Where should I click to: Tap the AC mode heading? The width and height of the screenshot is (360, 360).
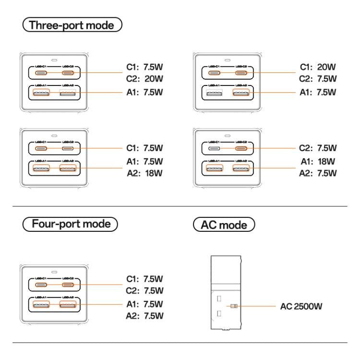[x=224, y=225]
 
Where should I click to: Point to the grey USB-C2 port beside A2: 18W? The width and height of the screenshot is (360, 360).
[x=69, y=149]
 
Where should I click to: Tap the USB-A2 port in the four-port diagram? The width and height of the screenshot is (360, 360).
[x=69, y=304]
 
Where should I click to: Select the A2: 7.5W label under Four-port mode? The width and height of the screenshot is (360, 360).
[x=144, y=315]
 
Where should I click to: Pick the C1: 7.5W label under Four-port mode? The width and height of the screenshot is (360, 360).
[x=144, y=279]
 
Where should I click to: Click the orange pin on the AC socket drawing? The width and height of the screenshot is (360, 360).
[x=234, y=306]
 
